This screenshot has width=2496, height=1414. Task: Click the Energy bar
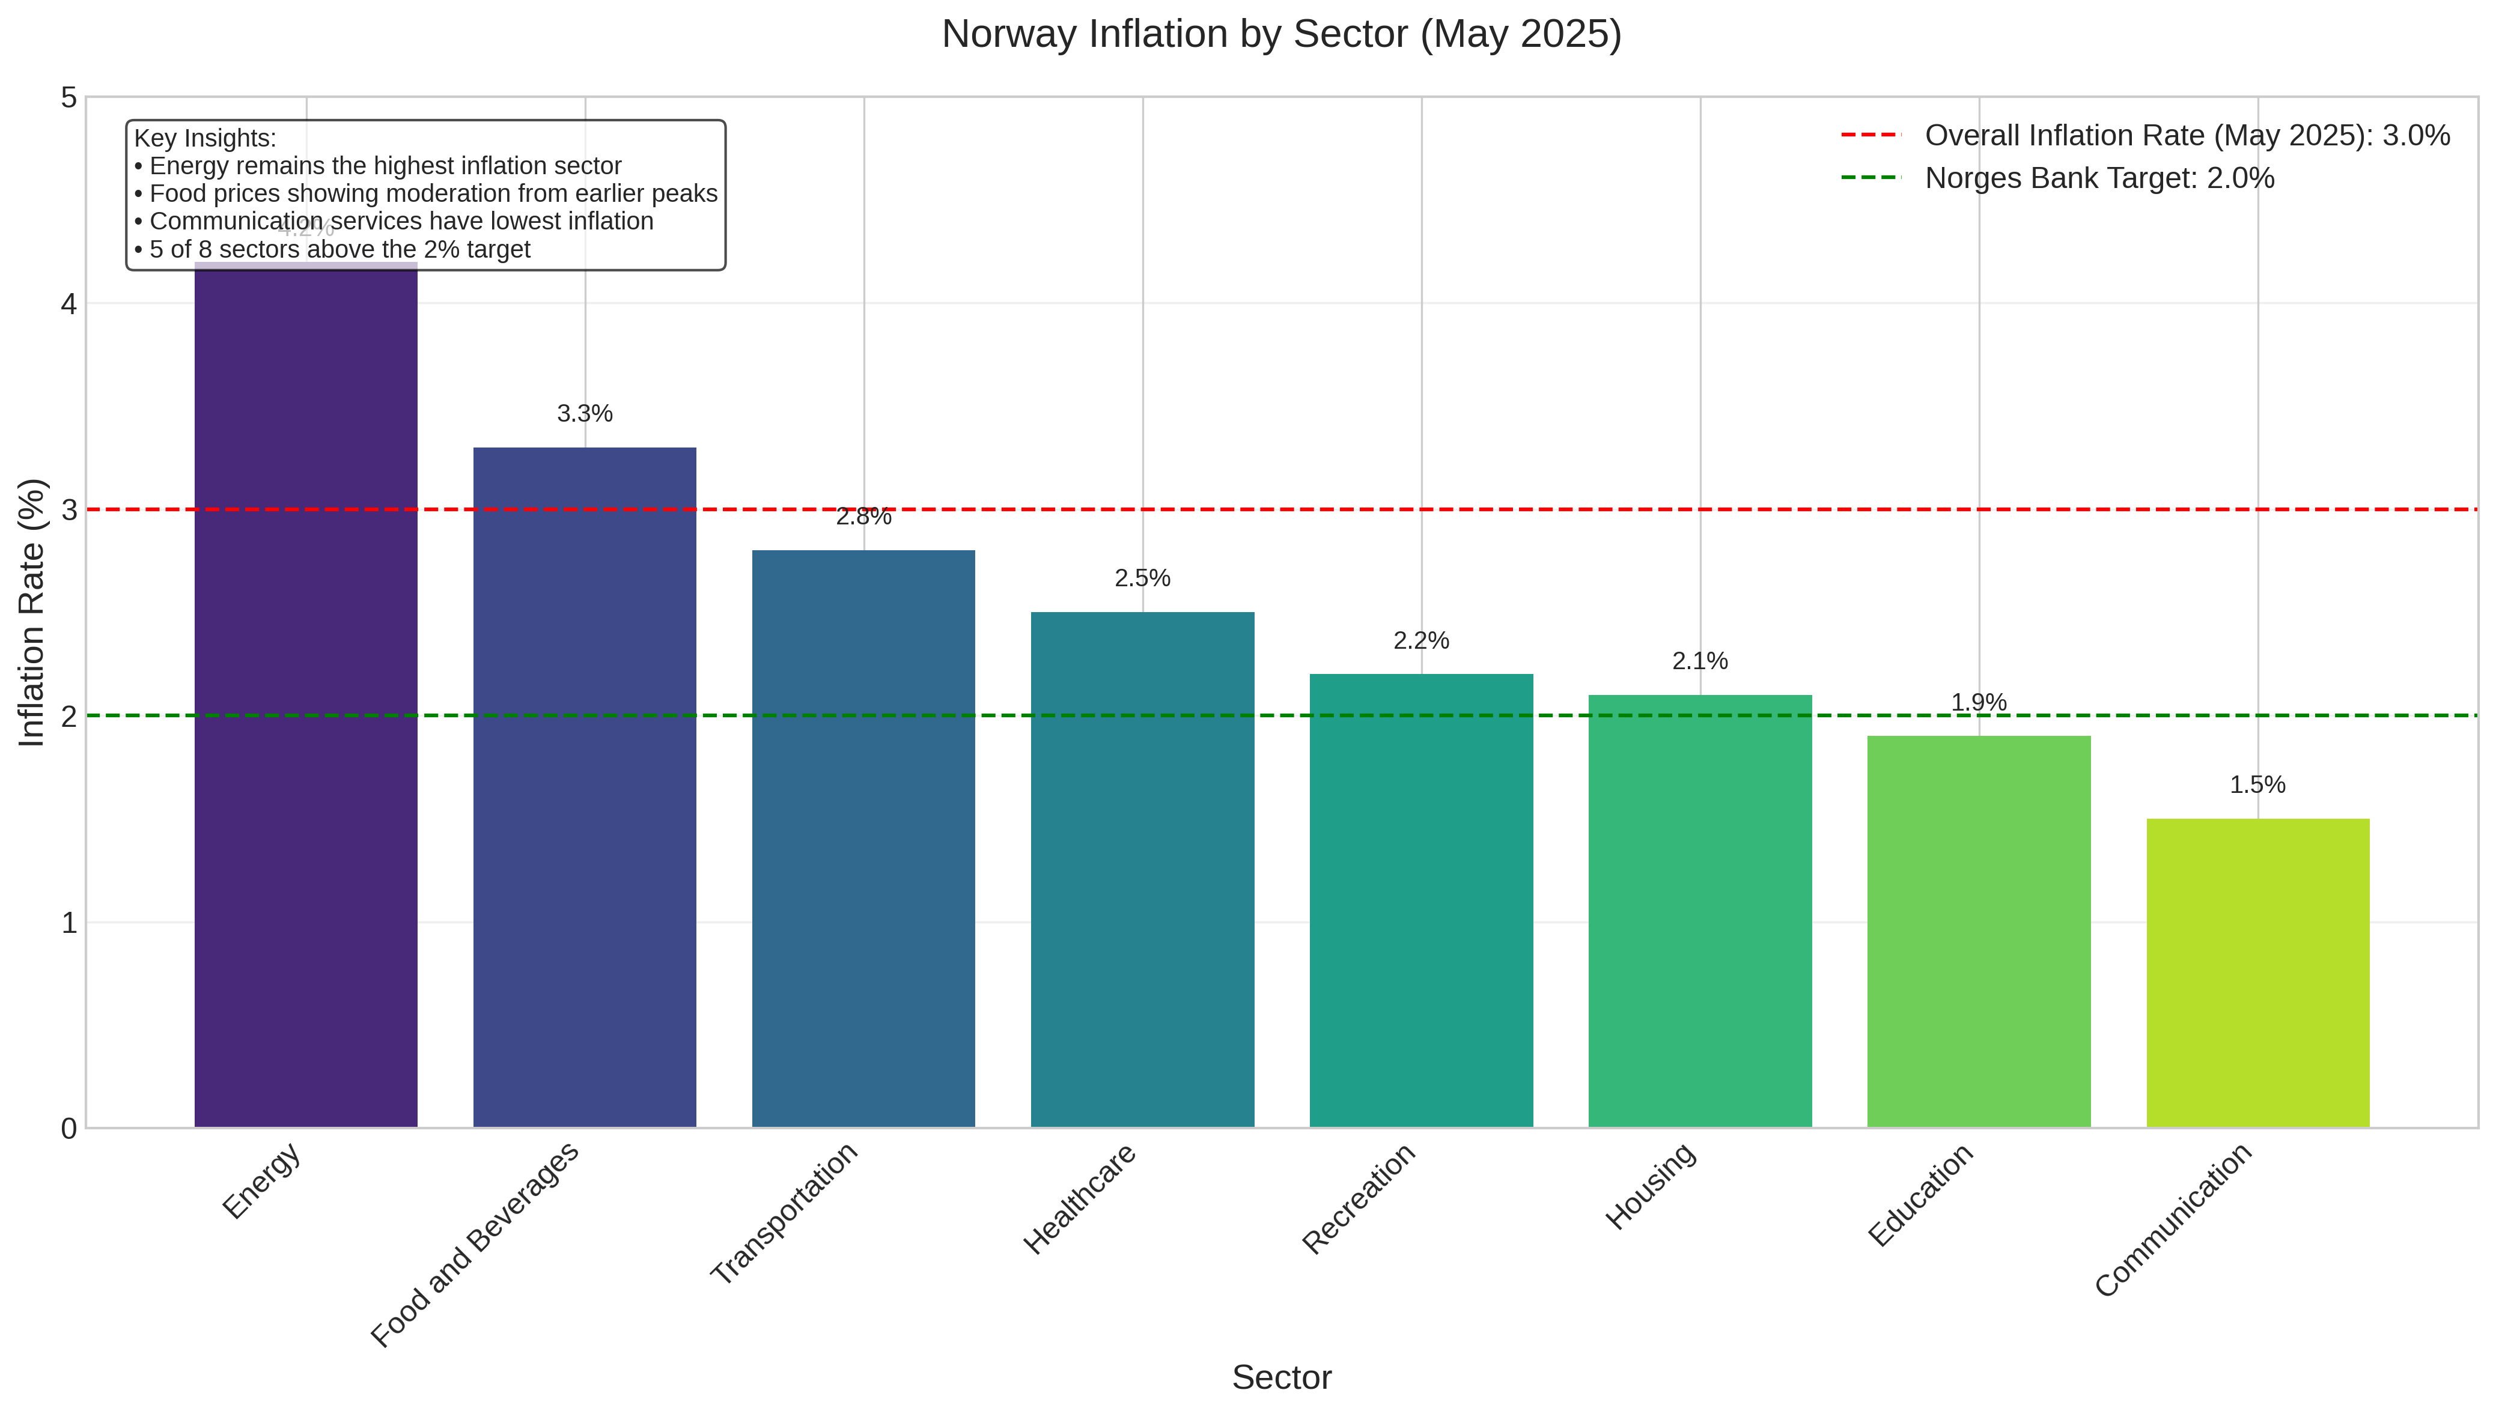[306, 694]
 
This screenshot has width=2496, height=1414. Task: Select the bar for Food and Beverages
[585, 787]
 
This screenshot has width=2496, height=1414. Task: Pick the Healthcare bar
[1142, 869]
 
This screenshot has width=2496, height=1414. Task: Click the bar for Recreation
[1421, 900]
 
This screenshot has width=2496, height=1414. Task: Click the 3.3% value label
[585, 414]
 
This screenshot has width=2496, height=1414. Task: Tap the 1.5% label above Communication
[2257, 784]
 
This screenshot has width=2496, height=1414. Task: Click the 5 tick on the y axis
[69, 97]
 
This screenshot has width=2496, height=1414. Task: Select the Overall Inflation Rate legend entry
[2186, 136]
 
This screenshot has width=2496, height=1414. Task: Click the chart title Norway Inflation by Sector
[1281, 34]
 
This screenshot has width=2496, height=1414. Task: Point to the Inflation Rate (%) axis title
[32, 613]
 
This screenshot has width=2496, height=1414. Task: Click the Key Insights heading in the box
[205, 139]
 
